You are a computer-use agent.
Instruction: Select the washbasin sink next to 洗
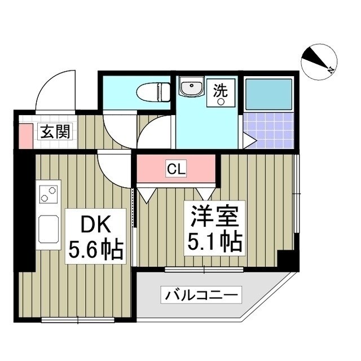tap(192, 88)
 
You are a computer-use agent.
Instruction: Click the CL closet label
tap(175, 168)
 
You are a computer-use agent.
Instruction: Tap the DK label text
tap(94, 226)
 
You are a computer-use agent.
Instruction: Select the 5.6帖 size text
tap(95, 250)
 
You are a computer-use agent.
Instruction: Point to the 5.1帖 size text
tap(214, 243)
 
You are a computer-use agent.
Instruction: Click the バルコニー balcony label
tap(202, 294)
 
